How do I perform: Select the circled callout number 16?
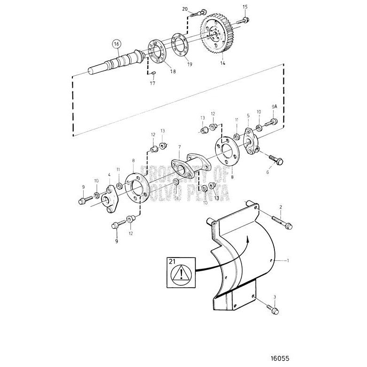coord(116,45)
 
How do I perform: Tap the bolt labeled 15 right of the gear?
coord(246,20)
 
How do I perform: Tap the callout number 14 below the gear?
coord(223,62)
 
